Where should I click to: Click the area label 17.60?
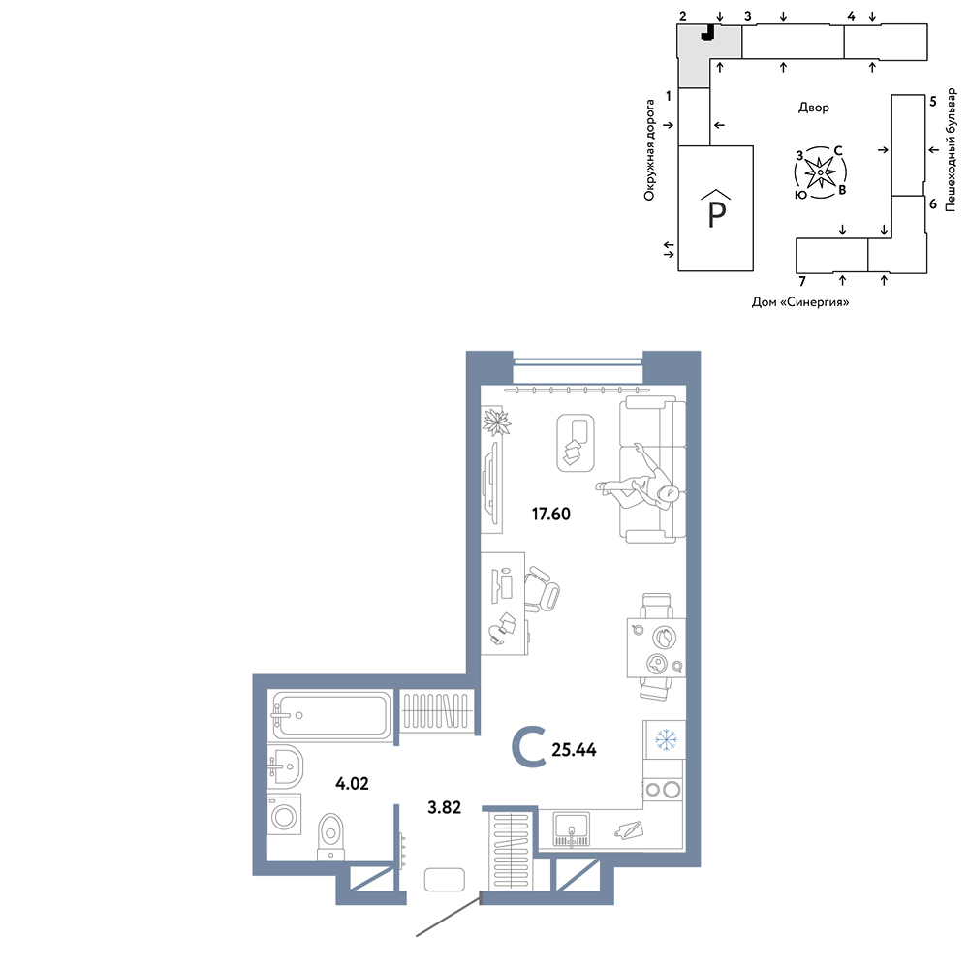tap(551, 514)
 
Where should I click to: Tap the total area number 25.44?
tap(574, 750)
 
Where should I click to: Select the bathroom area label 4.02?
tap(353, 784)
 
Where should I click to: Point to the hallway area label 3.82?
tap(445, 807)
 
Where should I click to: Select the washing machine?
tap(284, 815)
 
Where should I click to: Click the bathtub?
tap(331, 715)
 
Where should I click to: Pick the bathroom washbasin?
tap(285, 766)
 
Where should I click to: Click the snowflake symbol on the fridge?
tap(666, 739)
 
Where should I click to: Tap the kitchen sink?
tap(572, 828)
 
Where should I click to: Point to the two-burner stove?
tap(663, 789)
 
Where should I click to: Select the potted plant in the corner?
tap(496, 422)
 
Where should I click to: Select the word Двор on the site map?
tap(814, 108)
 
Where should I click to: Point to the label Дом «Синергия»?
tap(800, 302)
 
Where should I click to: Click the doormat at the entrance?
tap(445, 880)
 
